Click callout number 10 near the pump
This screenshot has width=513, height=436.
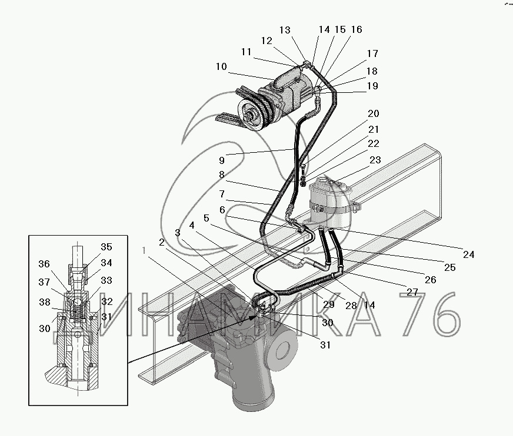point(221,66)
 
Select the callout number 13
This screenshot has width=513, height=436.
point(285,30)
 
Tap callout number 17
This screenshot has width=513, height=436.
point(372,53)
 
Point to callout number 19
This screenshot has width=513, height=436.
point(372,86)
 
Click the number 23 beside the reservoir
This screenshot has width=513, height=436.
point(375,160)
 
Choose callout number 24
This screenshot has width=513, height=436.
point(468,254)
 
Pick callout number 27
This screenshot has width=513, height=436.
point(412,292)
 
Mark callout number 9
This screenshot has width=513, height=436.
point(222,160)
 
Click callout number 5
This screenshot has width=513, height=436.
point(206,218)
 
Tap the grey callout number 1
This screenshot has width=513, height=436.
point(144,250)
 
